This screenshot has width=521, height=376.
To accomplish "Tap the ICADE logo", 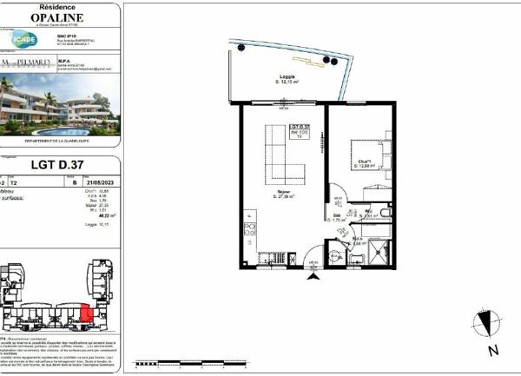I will coord(23,39).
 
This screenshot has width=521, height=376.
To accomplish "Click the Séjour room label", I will coord(284,193).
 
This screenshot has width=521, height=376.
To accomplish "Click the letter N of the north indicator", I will coord(492,352).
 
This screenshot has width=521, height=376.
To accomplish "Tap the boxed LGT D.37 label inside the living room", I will coord(299,133).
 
